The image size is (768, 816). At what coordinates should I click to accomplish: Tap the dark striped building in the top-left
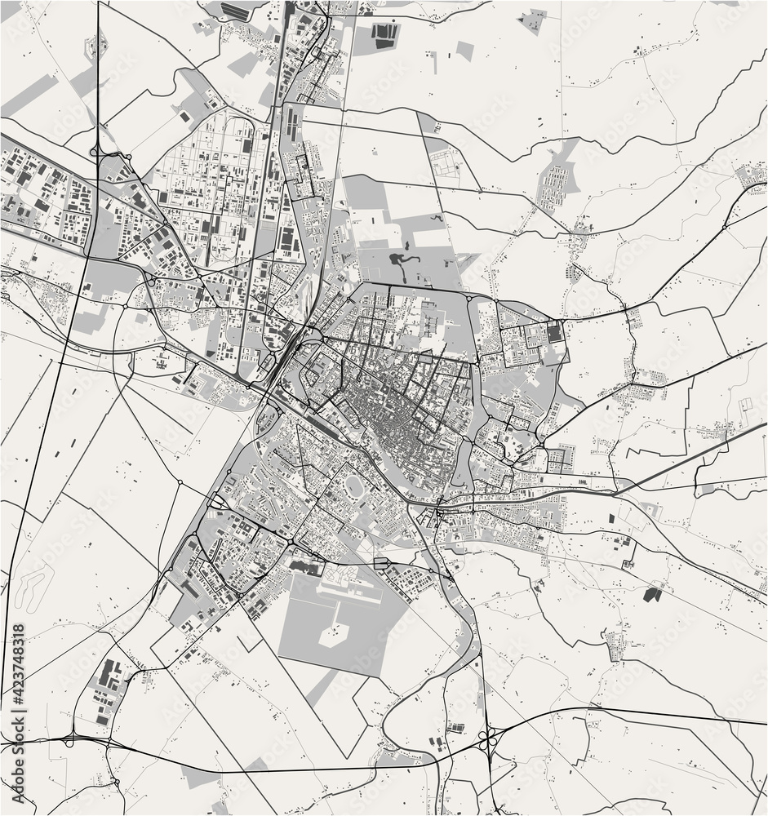236,11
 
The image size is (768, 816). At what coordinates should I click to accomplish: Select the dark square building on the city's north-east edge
555,333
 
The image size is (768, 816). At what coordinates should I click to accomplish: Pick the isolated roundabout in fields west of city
180,482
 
